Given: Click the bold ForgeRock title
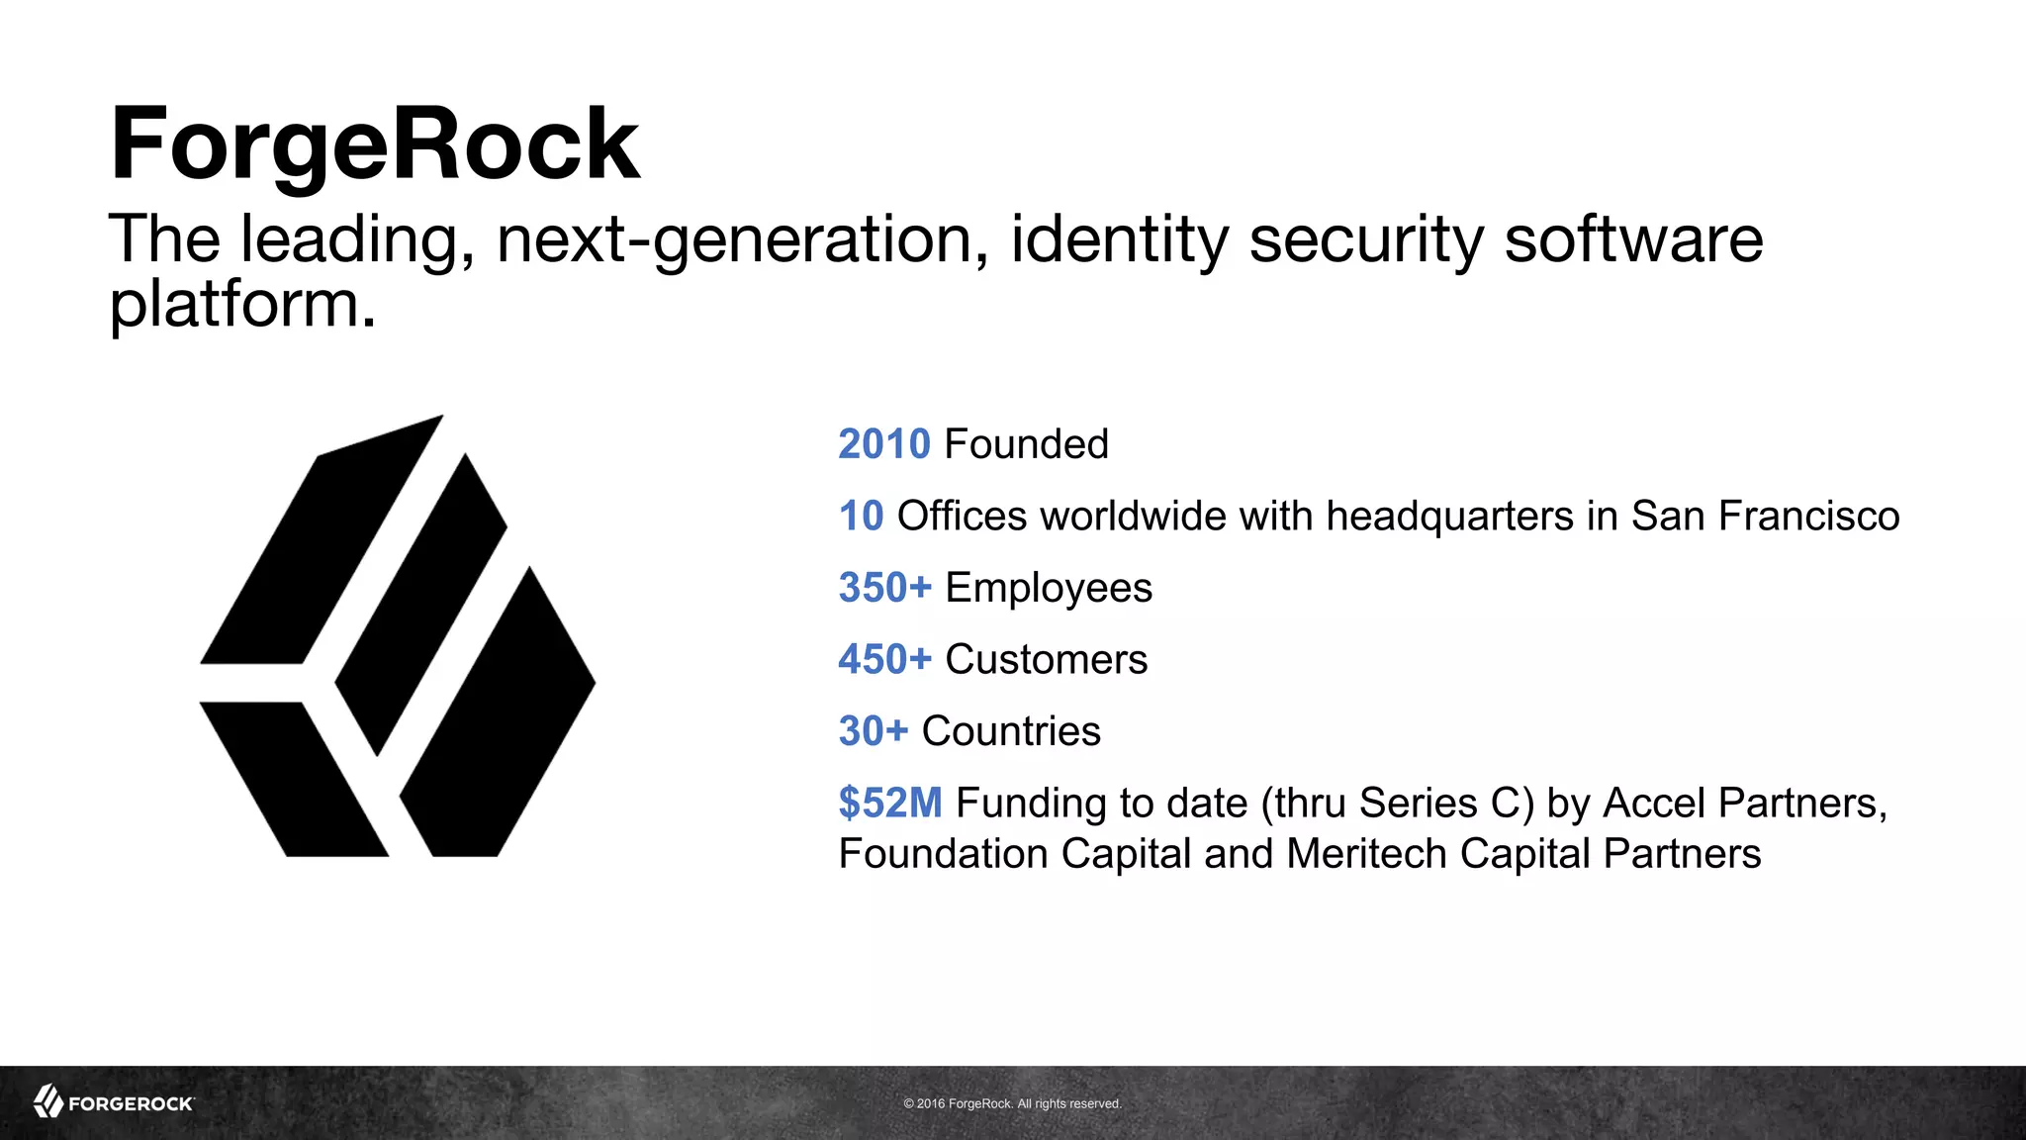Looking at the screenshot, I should [x=375, y=144].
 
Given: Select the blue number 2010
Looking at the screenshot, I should [x=883, y=444].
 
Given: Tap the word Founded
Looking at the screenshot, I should [x=1026, y=444].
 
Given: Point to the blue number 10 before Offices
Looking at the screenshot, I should [x=861, y=517].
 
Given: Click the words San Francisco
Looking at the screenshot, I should [x=1764, y=517].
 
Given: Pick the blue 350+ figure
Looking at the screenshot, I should [x=884, y=588].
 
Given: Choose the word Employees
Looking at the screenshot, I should [x=1049, y=588].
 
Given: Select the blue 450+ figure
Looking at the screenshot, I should [x=884, y=660].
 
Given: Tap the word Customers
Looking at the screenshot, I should [x=1046, y=660].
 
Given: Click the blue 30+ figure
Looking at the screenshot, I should [x=873, y=731].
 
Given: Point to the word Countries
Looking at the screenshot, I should [x=1010, y=731].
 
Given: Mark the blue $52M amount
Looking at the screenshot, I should [x=889, y=803].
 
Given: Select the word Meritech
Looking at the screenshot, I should [x=1366, y=854].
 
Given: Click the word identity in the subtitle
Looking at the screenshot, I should [x=1119, y=239].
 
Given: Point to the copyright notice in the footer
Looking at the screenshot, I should [x=1012, y=1103].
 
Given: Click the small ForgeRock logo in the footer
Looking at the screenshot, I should [x=114, y=1101].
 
